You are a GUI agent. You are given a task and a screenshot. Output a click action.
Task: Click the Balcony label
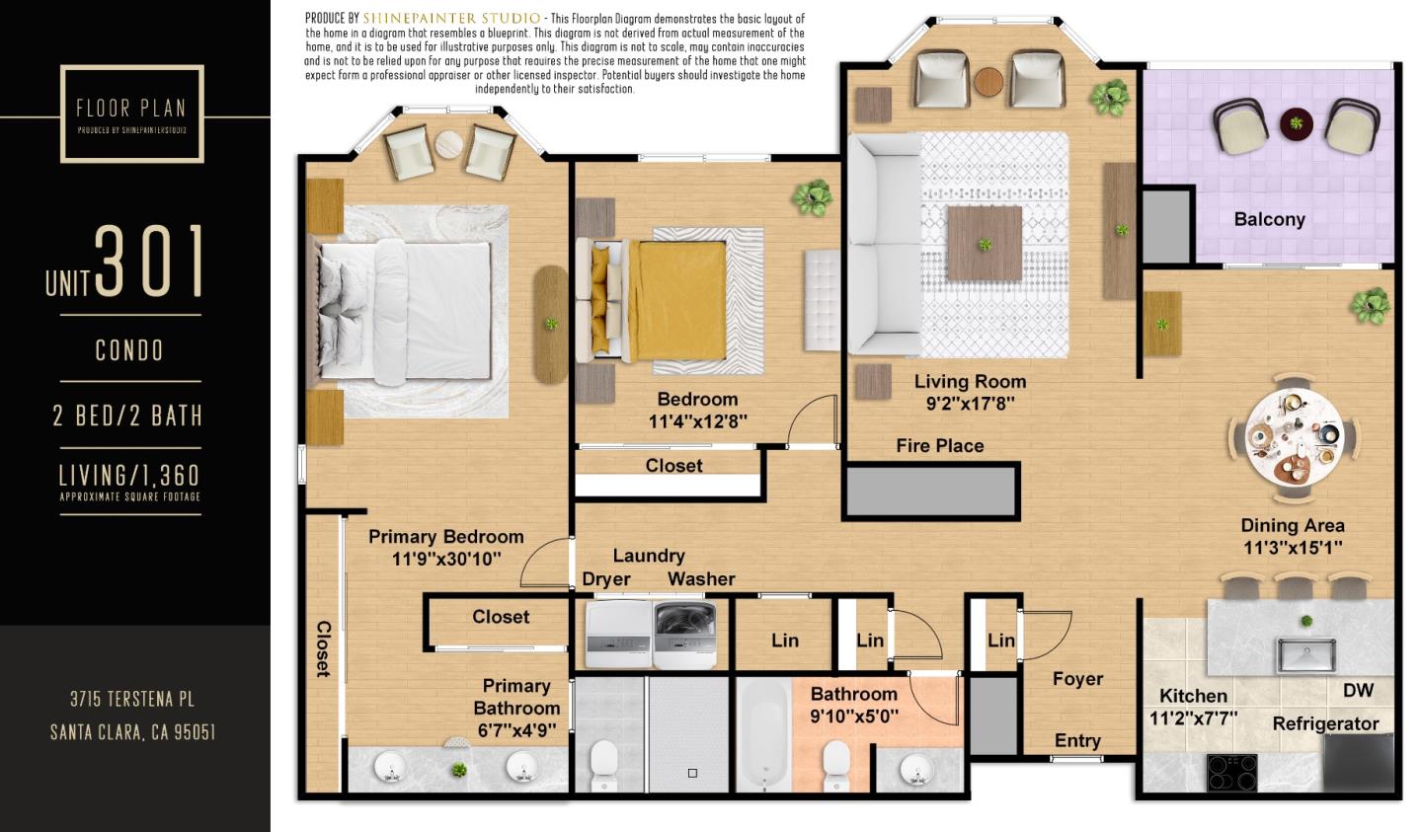pyautogui.click(x=1270, y=219)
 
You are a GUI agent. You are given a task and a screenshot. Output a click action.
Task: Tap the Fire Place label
pyautogui.click(x=940, y=446)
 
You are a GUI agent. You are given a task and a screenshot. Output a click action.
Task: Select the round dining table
pyautogui.click(x=1295, y=437)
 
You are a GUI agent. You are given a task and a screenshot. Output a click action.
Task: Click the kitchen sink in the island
pyautogui.click(x=1307, y=654)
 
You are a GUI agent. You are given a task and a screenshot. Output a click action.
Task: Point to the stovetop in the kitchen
pyautogui.click(x=1232, y=773)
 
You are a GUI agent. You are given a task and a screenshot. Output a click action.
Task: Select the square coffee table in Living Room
pyautogui.click(x=985, y=243)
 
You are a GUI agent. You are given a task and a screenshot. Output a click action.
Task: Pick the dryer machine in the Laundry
pyautogui.click(x=619, y=635)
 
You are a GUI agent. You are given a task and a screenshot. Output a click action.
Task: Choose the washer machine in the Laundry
pyautogui.click(x=685, y=635)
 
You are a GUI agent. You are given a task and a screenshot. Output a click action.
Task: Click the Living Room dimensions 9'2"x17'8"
pyautogui.click(x=971, y=404)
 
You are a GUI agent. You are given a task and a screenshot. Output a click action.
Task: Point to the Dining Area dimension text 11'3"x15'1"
pyautogui.click(x=1293, y=547)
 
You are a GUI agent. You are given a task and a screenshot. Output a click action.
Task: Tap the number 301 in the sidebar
pyautogui.click(x=150, y=261)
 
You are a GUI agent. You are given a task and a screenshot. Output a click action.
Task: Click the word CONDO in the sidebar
pyautogui.click(x=129, y=350)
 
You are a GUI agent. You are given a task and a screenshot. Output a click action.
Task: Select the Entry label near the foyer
pyautogui.click(x=1077, y=740)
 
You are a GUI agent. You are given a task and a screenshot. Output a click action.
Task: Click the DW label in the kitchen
pyautogui.click(x=1359, y=691)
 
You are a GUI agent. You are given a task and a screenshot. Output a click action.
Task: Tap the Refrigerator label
pyautogui.click(x=1325, y=724)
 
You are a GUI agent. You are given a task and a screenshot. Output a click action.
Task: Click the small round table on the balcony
pyautogui.click(x=1296, y=123)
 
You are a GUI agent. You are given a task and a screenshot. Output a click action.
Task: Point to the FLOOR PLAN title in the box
pyautogui.click(x=130, y=109)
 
